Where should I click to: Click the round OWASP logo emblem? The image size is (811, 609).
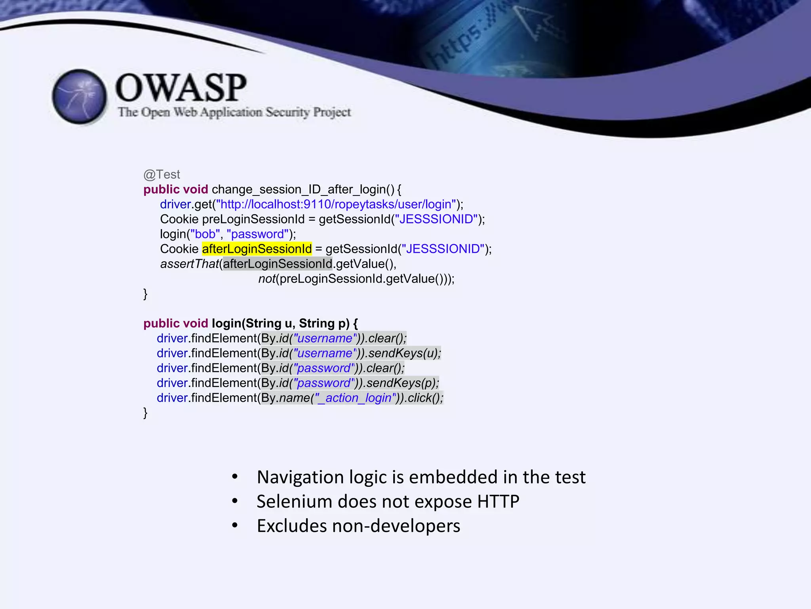point(80,96)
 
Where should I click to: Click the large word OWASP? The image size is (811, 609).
point(181,88)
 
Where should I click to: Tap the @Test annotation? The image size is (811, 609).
point(162,174)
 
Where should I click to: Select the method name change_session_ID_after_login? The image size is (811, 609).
point(303,190)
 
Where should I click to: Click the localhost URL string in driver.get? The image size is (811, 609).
point(336,204)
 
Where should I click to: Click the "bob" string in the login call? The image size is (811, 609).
point(205,234)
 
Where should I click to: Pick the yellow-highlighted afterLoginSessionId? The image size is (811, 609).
point(257,249)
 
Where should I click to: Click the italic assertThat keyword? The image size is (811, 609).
point(189,264)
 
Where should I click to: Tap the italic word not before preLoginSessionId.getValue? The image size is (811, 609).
point(267,279)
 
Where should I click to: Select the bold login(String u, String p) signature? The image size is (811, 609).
point(284,324)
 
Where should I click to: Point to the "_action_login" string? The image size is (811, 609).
point(355,398)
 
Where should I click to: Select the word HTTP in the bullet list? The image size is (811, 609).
point(498,502)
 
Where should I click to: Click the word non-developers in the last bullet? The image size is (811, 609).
point(396,526)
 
